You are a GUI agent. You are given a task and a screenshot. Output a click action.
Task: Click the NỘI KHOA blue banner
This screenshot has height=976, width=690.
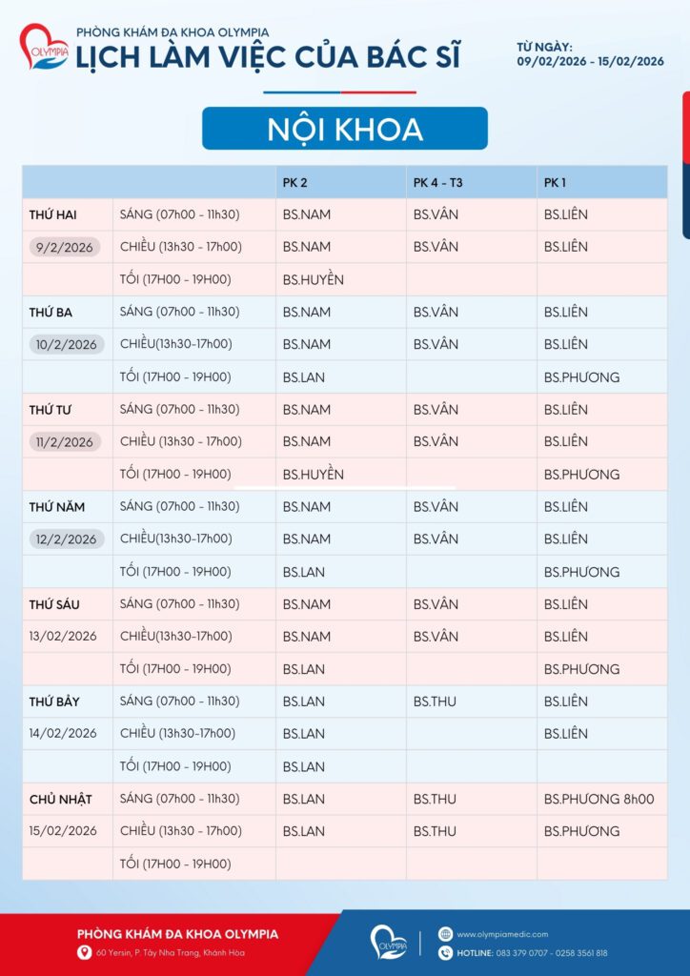[x=344, y=129]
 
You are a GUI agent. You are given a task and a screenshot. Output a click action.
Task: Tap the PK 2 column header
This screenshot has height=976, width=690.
[x=294, y=182]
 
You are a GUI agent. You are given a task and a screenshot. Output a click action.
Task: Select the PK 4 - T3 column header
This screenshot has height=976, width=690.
[x=438, y=182]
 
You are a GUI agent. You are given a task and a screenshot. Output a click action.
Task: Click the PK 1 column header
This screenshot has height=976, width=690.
[x=556, y=182]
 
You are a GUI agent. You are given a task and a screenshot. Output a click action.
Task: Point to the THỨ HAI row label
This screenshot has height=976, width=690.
[x=52, y=214]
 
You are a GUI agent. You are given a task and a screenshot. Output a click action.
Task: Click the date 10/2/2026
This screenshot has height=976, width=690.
[x=66, y=344]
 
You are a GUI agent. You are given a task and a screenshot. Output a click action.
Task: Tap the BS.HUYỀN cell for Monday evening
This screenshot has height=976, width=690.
[x=313, y=279]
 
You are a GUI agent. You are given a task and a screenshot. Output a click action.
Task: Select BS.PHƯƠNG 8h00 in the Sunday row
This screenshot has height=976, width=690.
[x=599, y=799]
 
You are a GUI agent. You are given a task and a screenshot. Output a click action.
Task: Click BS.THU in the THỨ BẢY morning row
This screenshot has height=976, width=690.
[x=435, y=701]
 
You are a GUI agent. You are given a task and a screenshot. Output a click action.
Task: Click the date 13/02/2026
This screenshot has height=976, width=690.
[x=63, y=636]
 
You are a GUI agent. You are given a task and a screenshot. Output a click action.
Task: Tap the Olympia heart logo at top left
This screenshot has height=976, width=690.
[x=44, y=48]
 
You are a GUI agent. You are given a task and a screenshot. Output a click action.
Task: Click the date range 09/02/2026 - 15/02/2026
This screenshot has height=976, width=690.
[x=590, y=61]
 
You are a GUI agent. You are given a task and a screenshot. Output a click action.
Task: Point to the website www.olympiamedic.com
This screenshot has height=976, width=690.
[x=502, y=934]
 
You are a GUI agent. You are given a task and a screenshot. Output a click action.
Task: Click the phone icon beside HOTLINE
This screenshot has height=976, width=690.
[x=445, y=952]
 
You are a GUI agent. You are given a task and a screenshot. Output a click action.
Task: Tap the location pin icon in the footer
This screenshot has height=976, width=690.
[x=85, y=952]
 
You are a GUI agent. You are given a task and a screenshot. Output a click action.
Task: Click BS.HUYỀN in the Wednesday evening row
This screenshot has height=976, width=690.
[x=313, y=474]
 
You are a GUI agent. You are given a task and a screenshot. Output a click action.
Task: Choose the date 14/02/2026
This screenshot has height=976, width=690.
[x=63, y=733]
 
